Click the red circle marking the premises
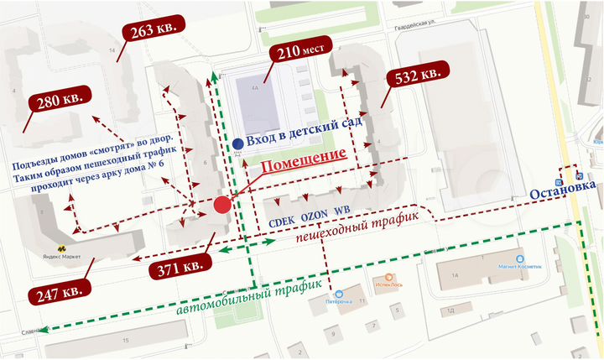tap(222, 205)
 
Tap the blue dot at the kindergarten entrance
tap(239, 143)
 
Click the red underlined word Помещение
tap(304, 156)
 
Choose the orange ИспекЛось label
tap(387, 284)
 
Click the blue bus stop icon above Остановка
tap(581, 175)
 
